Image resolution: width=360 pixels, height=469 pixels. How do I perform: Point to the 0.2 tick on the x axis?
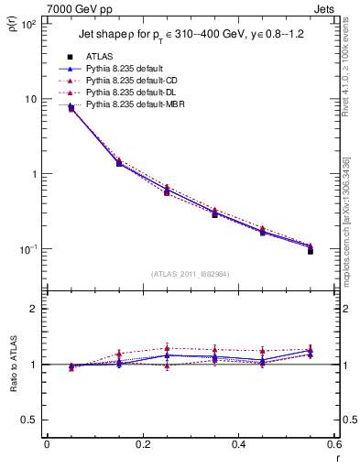point(142,445)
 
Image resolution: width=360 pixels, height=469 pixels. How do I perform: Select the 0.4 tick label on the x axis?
point(238,445)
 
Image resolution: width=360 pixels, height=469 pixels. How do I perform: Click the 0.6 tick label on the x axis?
point(333,445)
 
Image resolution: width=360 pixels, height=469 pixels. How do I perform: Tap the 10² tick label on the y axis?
point(27,24)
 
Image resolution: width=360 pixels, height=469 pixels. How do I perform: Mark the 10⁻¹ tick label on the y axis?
point(27,249)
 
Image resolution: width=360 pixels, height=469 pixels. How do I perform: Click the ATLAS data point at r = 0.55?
point(310,250)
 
